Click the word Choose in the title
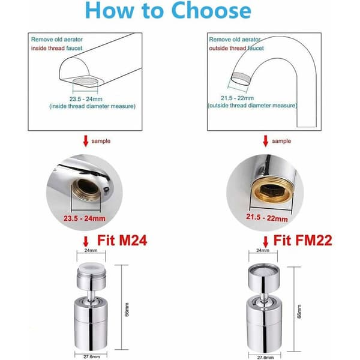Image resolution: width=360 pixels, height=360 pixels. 211,10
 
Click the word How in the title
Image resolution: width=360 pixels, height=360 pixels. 110,10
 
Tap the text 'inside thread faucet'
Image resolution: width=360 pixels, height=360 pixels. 56,48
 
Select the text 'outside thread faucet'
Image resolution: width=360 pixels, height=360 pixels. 236,48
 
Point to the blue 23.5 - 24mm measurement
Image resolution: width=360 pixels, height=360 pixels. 86,99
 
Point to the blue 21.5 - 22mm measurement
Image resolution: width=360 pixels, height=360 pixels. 237,98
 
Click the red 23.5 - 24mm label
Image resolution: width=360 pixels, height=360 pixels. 85,218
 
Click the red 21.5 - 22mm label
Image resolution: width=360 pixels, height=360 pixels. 267,218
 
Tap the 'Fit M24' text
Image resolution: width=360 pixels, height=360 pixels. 122,241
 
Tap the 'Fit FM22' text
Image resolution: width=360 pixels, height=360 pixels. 302,241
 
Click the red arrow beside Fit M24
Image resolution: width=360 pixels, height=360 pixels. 86,242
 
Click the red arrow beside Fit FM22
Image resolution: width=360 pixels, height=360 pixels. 265,242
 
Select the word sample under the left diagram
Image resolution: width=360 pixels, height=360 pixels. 101,141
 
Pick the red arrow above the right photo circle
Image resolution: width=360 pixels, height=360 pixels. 265,141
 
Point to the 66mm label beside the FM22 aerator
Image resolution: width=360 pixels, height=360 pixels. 299,311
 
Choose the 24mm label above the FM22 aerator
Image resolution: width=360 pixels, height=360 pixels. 263,250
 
